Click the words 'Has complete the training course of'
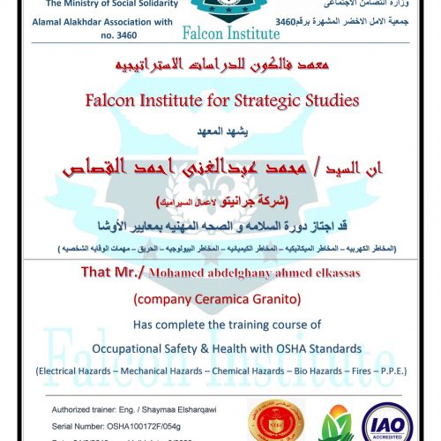(220, 325)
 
